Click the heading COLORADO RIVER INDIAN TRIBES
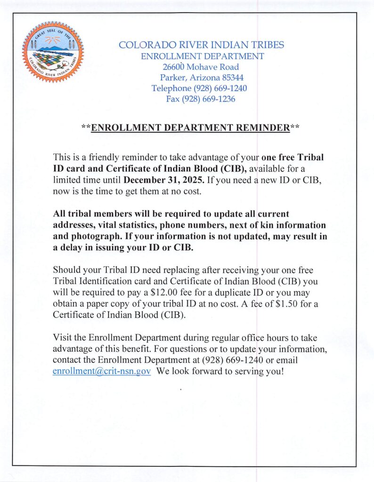tap(201, 45)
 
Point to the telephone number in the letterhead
tap(220, 88)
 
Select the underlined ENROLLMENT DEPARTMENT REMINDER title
tap(190, 128)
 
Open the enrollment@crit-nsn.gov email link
tap(102, 371)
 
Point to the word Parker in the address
tap(172, 78)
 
